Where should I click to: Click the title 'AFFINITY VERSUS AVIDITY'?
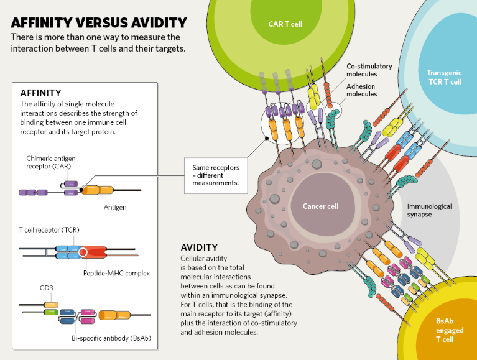tap(99, 23)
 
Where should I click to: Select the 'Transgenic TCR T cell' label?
tap(444, 77)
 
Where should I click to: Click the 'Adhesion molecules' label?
tap(362, 90)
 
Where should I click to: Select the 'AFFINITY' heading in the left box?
tap(40, 93)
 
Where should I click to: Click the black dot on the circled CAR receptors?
tap(266, 140)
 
